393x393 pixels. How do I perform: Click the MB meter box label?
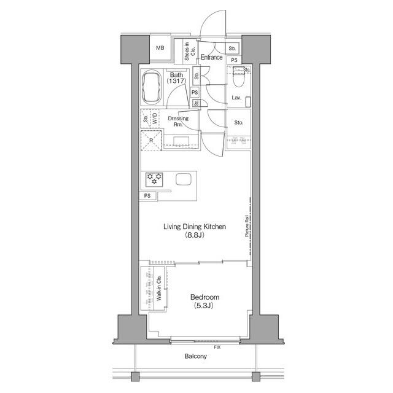coord(160,48)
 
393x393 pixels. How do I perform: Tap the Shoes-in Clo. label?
coord(190,52)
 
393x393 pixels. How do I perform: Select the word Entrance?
coord(211,57)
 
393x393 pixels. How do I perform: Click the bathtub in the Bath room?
coord(152,87)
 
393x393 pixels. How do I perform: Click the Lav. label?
coord(236,98)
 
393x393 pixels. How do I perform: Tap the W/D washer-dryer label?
coord(155,118)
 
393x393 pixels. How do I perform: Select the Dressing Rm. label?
coord(178,121)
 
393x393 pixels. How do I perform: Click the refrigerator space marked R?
coord(151,141)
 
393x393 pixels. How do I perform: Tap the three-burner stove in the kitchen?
coord(154,179)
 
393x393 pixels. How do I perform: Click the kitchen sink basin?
coord(184,179)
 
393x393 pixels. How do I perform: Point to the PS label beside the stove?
coord(147,195)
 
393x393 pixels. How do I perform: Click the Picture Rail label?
coord(247,226)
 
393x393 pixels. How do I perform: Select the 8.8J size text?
coord(195,235)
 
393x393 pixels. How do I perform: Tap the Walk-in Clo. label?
coord(158,288)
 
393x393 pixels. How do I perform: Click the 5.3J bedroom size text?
coord(203,306)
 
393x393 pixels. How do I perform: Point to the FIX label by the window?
coord(217,347)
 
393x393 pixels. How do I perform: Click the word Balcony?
coord(195,356)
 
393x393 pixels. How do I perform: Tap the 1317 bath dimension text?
coord(176,80)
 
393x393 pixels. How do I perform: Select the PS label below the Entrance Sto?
coord(234,60)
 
